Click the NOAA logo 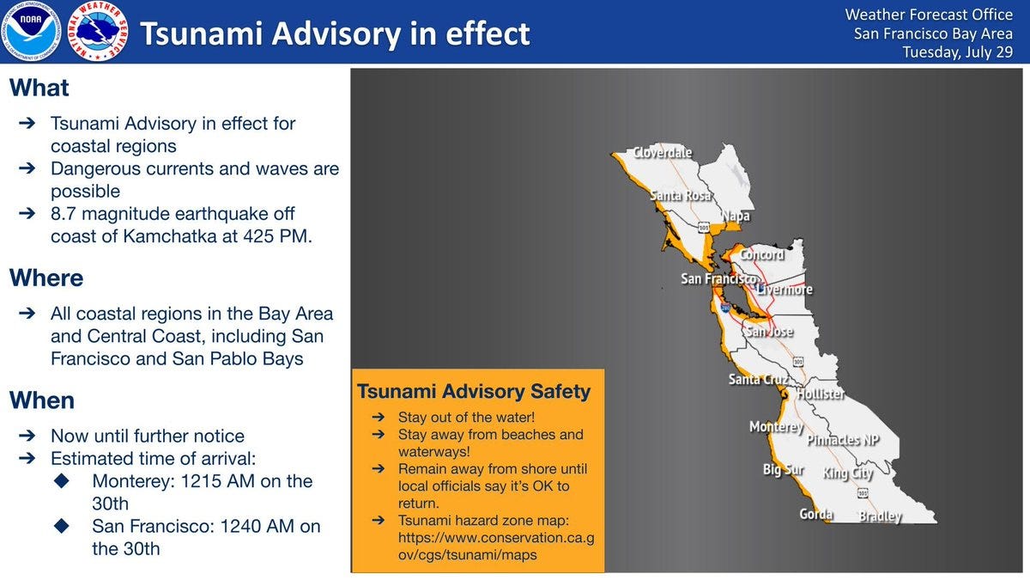tap(31, 32)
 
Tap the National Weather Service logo tap(97, 32)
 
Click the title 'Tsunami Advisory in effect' tap(335, 34)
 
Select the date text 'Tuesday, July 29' tap(957, 52)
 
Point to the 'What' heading tap(39, 89)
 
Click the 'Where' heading tap(46, 278)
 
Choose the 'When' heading tap(42, 400)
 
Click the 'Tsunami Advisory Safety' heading tap(474, 392)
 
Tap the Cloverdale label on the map tap(662, 153)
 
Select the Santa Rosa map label tap(681, 196)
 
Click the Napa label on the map tap(735, 217)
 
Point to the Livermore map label tap(785, 290)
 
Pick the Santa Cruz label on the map tap(758, 379)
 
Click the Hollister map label tap(821, 394)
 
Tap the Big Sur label tap(783, 470)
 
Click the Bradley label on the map tap(881, 516)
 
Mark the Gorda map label tap(815, 515)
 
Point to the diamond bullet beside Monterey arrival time tap(61, 481)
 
